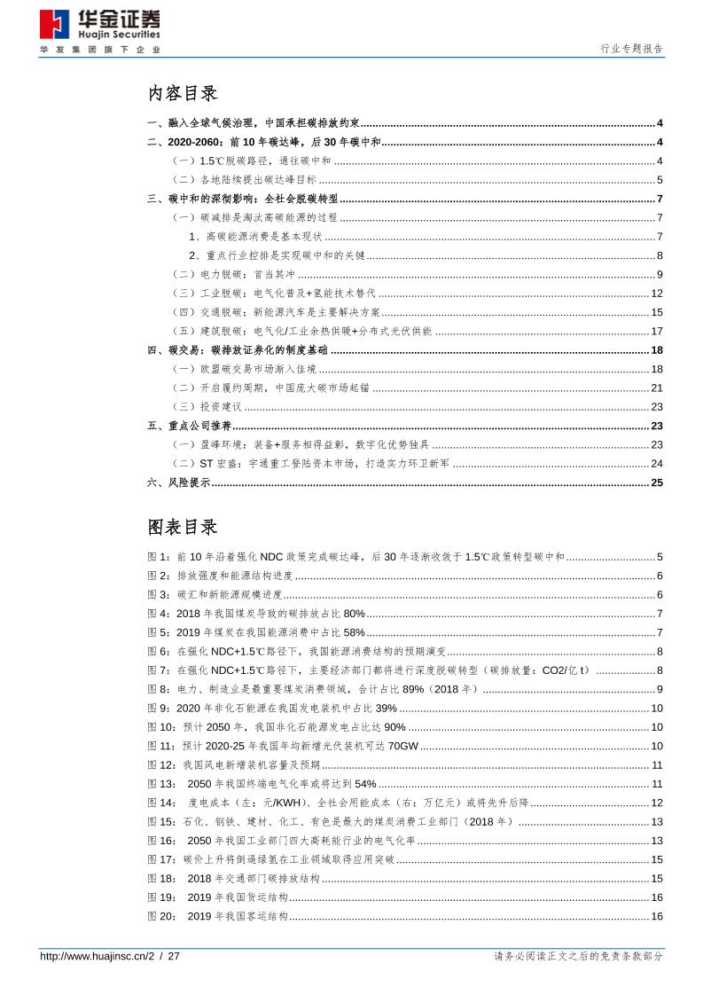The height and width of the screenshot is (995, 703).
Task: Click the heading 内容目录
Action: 182,93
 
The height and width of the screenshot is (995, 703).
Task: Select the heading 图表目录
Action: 182,527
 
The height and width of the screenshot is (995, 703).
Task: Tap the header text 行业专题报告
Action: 631,50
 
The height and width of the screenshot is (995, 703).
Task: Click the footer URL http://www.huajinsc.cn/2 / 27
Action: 110,957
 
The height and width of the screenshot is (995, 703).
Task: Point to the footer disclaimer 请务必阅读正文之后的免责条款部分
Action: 577,957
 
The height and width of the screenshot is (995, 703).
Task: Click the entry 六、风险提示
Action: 178,482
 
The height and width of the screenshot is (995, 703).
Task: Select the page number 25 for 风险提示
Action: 657,482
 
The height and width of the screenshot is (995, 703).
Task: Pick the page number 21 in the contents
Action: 657,388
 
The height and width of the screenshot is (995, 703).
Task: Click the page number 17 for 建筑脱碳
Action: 657,331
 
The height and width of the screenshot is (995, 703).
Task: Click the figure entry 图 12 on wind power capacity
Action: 233,764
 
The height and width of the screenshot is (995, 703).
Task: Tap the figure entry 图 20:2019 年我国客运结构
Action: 217,915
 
